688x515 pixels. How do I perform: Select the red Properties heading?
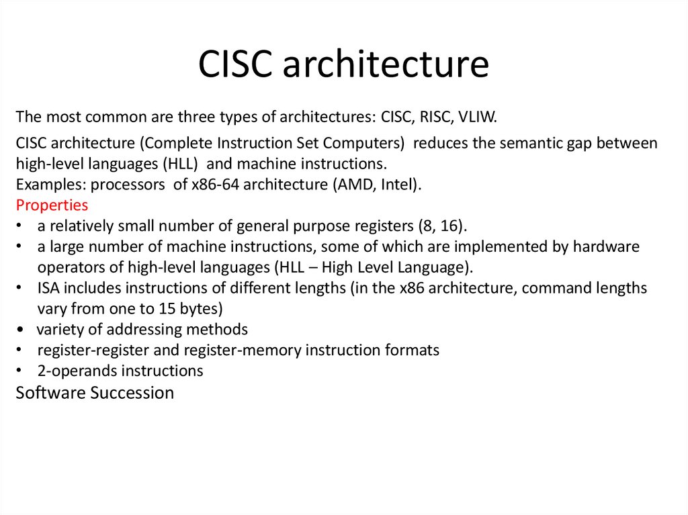52,205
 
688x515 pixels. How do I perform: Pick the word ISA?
48,289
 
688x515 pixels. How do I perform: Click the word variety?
59,330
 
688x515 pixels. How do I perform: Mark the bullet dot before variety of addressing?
21,330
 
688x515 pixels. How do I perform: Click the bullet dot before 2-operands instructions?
21,371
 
